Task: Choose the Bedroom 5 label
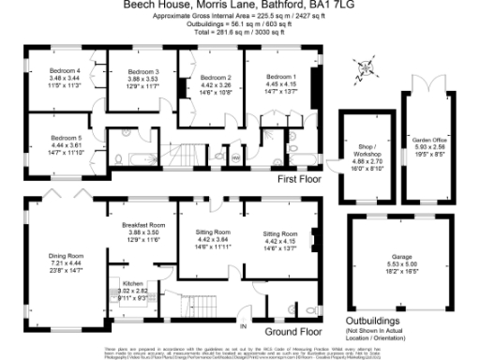click(65, 138)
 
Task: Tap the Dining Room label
click(67, 255)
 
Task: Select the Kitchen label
click(132, 282)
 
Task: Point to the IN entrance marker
click(244, 325)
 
